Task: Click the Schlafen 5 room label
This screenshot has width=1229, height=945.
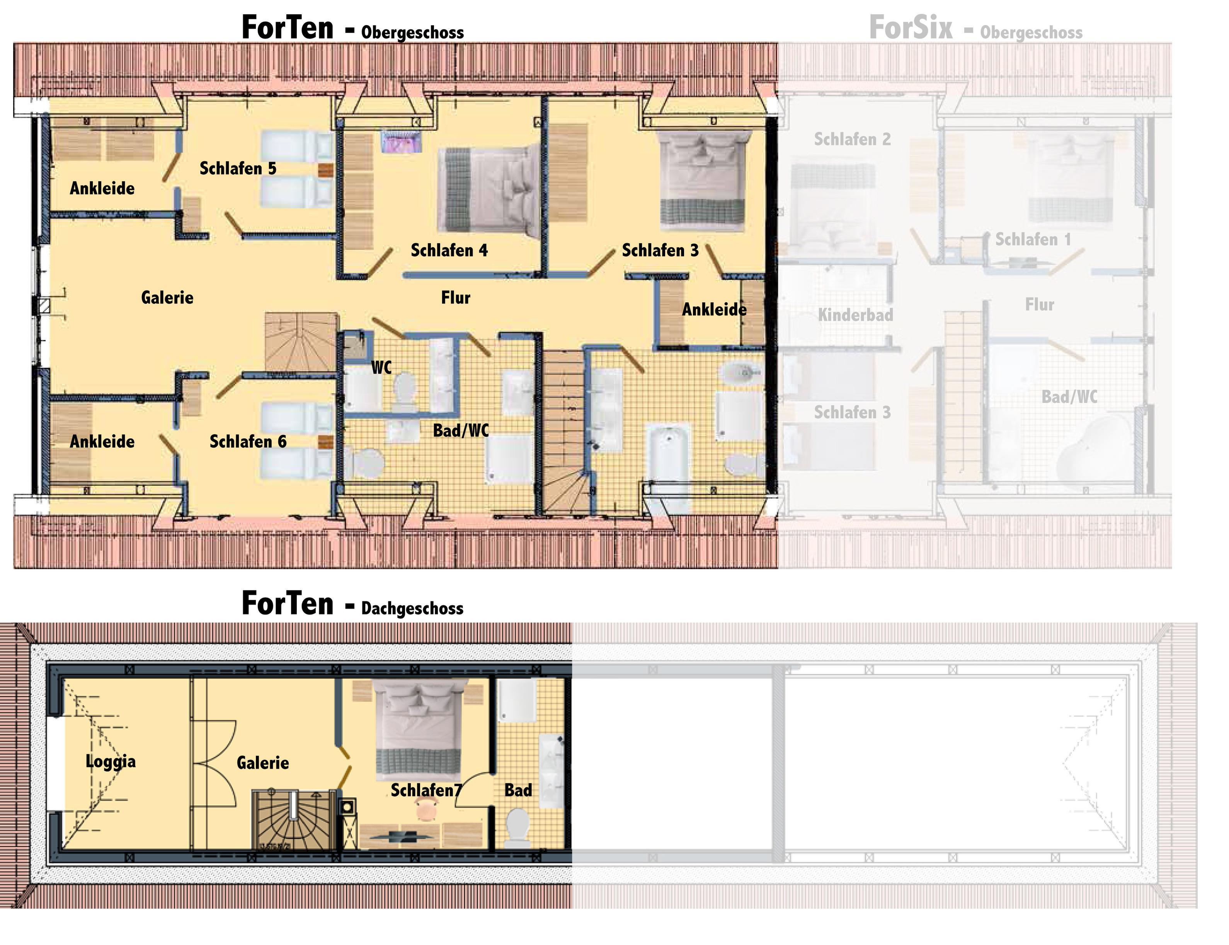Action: pos(238,168)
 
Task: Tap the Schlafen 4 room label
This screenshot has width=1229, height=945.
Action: pos(449,250)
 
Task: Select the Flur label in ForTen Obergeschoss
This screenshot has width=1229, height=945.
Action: pos(455,298)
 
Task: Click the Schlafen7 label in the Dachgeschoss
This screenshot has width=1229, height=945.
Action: pos(426,790)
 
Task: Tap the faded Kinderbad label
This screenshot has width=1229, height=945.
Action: pos(855,315)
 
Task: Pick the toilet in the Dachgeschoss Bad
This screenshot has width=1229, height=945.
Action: pos(518,827)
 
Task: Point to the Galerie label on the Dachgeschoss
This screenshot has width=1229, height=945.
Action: pos(262,763)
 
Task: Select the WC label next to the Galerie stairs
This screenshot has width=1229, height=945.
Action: pos(381,368)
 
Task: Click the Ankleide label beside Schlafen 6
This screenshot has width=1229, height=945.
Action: pos(102,442)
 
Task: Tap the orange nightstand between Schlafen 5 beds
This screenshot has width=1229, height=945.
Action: pos(325,171)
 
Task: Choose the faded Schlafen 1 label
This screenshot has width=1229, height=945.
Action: pos(1033,240)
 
